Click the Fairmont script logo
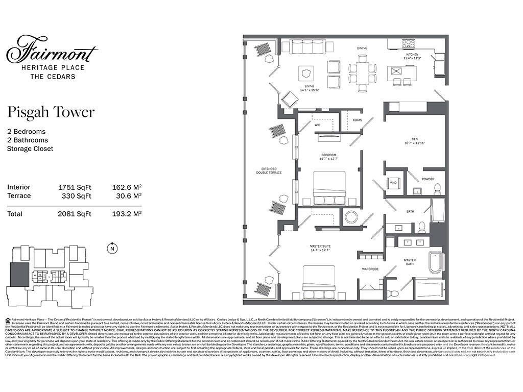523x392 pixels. pyautogui.click(x=52, y=50)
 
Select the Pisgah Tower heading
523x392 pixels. pyautogui.click(x=51, y=112)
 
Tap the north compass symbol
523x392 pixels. pyautogui.click(x=111, y=249)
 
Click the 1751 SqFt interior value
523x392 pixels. pyautogui.click(x=75, y=187)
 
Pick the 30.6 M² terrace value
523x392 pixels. pyautogui.click(x=127, y=195)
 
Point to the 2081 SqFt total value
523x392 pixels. pyautogui.click(x=75, y=214)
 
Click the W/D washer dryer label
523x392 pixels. pyautogui.click(x=393, y=182)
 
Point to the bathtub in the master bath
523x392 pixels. pyautogui.click(x=436, y=262)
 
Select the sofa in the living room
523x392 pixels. pyautogui.click(x=307, y=47)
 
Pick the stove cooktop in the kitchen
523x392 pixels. pyautogui.click(x=408, y=44)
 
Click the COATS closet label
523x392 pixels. pyautogui.click(x=357, y=120)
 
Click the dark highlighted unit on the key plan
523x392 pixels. pyautogui.click(x=19, y=275)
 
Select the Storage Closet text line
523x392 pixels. pyautogui.click(x=30, y=149)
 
